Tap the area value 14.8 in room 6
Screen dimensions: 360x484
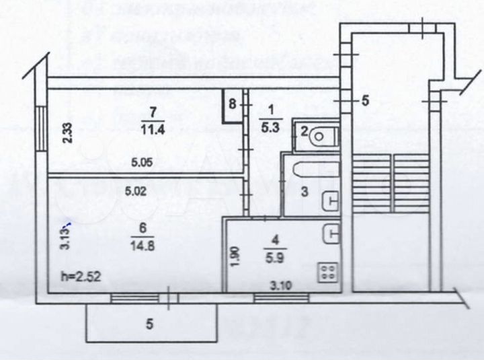143,245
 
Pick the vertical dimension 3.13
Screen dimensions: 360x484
66,236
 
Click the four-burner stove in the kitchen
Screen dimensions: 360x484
328,273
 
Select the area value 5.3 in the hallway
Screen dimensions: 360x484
268,122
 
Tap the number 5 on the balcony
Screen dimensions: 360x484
150,324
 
